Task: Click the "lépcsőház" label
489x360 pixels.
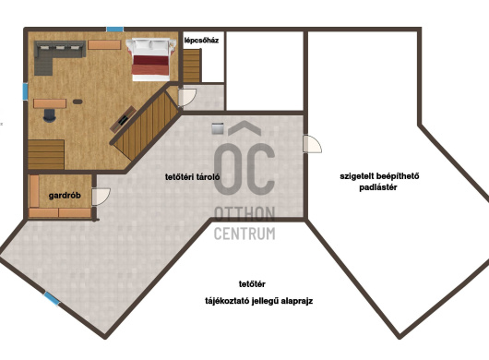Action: click(x=201, y=41)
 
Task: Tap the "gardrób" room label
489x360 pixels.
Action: click(x=65, y=196)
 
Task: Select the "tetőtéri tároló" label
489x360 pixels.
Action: click(x=193, y=177)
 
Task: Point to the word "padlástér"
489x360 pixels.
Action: click(x=378, y=187)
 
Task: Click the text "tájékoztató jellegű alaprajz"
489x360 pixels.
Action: click(x=259, y=301)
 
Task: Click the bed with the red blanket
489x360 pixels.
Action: click(x=150, y=59)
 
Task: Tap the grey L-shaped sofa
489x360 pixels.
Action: click(x=56, y=56)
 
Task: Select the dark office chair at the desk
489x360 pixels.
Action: click(x=49, y=115)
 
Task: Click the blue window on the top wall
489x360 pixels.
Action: click(x=114, y=30)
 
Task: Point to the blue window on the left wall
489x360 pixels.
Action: click(x=25, y=91)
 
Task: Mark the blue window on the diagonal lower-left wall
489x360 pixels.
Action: click(x=52, y=298)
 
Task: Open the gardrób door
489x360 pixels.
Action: click(x=101, y=197)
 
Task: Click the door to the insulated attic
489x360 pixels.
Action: click(x=312, y=144)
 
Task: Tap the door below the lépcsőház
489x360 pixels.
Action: click(x=186, y=97)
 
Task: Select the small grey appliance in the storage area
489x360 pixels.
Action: click(x=218, y=128)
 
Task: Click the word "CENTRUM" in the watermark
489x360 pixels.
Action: click(x=244, y=234)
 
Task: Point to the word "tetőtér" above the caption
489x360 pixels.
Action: click(x=252, y=284)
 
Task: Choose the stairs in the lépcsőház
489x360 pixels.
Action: click(x=191, y=66)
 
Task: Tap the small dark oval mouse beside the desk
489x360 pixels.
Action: click(x=78, y=102)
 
